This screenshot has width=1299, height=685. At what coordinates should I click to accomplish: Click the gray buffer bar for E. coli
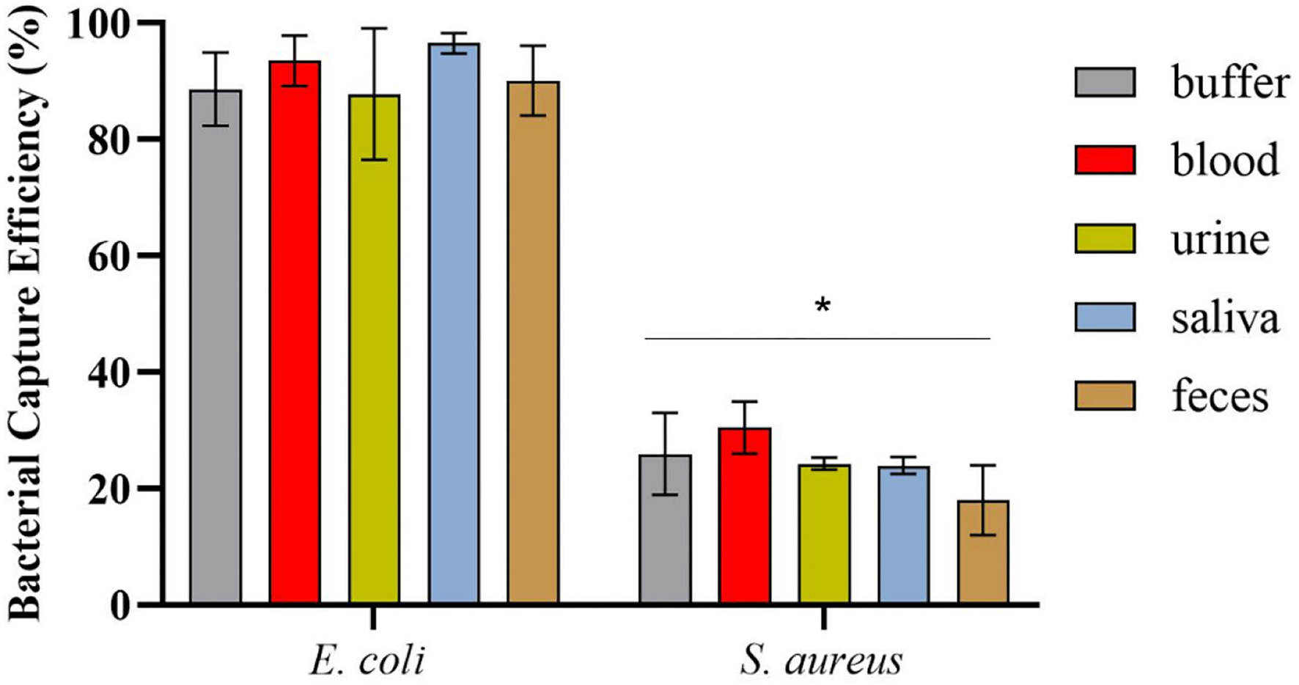coord(216,352)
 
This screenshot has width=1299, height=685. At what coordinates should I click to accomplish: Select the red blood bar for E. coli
coord(295,337)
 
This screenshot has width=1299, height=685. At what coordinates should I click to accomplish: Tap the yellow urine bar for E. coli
coord(375,352)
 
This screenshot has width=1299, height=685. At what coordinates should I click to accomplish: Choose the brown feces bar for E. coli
coord(533,345)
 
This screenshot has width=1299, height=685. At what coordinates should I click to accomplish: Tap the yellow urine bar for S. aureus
coord(824,535)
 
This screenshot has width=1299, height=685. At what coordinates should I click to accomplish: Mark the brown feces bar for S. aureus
coord(983,554)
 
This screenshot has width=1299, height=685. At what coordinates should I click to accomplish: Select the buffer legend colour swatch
coord(1105,82)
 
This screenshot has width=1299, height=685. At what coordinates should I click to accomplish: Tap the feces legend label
coord(1220,398)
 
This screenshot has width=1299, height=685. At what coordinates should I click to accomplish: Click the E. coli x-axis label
coord(367,661)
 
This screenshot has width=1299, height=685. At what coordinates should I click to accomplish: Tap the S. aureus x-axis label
coord(821,661)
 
